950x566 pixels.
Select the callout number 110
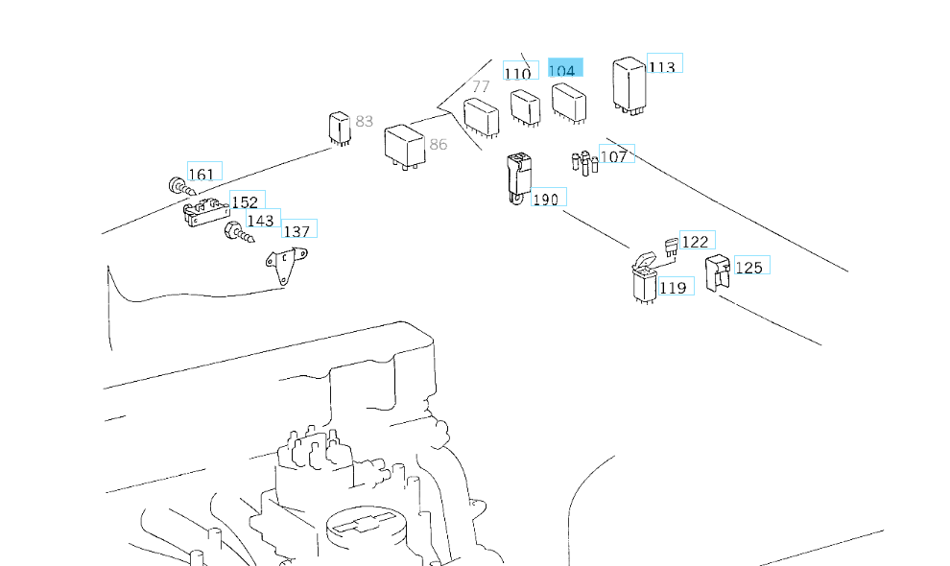[x=517, y=74]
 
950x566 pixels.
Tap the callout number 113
[x=662, y=66]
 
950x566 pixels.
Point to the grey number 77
[x=481, y=86]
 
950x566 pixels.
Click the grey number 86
[x=439, y=145]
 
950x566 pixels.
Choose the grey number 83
[x=364, y=121]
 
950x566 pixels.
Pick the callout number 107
[x=614, y=155]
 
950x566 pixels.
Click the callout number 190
[x=545, y=200]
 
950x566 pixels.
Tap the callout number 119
[x=674, y=287]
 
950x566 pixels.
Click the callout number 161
[x=202, y=174]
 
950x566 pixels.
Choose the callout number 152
[x=246, y=202]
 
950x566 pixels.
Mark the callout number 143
[x=261, y=221]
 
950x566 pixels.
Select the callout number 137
[x=297, y=231]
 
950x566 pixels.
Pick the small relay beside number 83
[x=339, y=127]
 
